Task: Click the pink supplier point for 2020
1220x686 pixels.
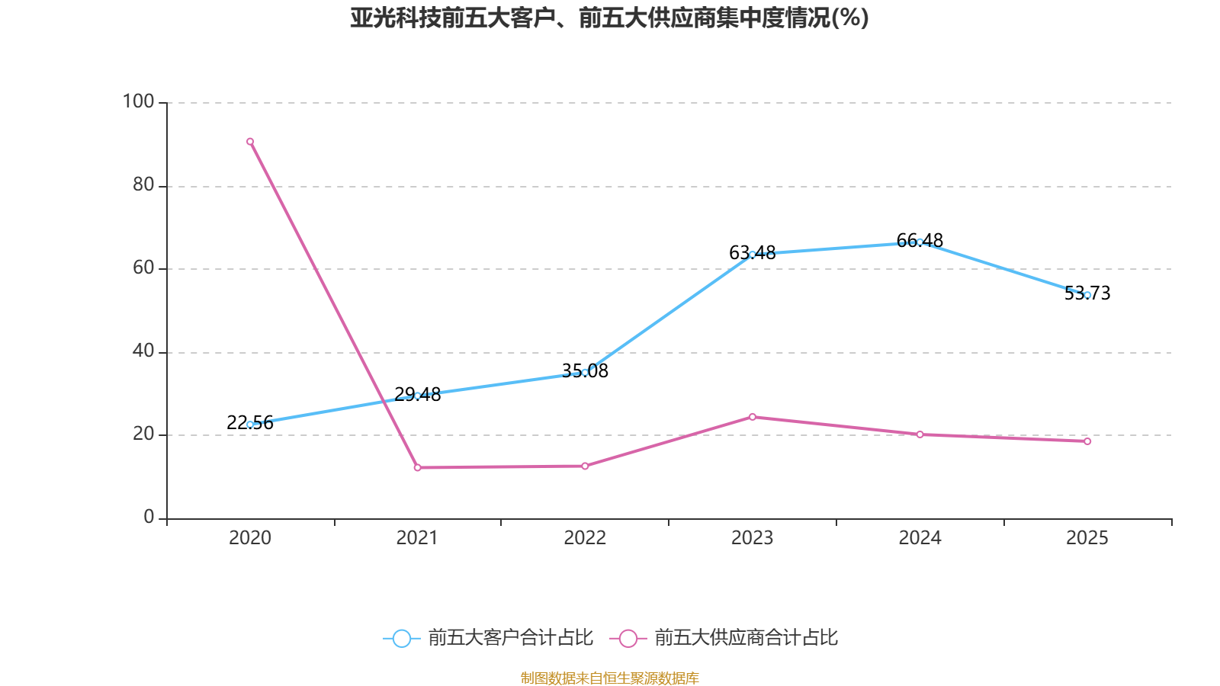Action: tap(250, 142)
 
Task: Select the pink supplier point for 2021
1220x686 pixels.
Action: tap(417, 467)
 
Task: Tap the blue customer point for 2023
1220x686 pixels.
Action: tap(752, 255)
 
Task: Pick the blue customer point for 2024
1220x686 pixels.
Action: tap(920, 242)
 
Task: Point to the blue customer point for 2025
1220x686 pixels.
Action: tap(1087, 295)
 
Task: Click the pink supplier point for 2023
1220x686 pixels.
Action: tap(752, 417)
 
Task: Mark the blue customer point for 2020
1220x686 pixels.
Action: tap(250, 425)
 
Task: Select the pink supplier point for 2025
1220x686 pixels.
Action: tap(1087, 441)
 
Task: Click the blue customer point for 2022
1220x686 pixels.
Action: tap(585, 373)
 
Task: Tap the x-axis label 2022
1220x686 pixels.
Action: tap(585, 538)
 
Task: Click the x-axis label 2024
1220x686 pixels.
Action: tap(920, 538)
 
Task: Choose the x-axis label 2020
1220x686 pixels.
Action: tap(250, 538)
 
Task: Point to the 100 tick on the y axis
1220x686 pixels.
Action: tap(138, 101)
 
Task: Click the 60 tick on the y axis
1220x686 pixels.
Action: tap(143, 268)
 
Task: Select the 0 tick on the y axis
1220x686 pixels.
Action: tap(149, 518)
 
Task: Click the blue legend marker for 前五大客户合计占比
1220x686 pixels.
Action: tap(401, 638)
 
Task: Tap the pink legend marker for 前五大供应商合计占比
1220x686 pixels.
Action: tap(628, 638)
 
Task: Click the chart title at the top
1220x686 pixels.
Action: tap(609, 18)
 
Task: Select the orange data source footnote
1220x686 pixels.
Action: tap(609, 678)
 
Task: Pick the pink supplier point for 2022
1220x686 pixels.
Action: tap(585, 466)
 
